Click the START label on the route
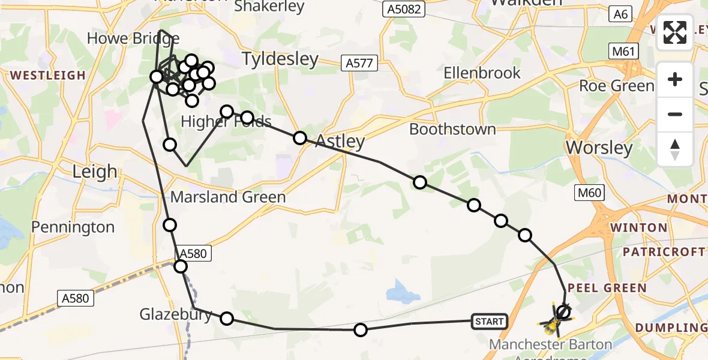point(490,322)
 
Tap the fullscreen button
point(675,32)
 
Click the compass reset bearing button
point(675,149)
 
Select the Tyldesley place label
point(280,59)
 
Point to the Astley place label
point(340,142)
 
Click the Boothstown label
point(452,129)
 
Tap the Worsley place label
point(599,148)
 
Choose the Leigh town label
point(94,172)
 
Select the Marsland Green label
point(228,197)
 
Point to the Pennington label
point(73,227)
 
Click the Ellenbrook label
point(482,73)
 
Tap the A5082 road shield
point(404,9)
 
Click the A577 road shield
point(359,62)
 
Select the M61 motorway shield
point(624,52)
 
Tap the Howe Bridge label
point(125,39)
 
